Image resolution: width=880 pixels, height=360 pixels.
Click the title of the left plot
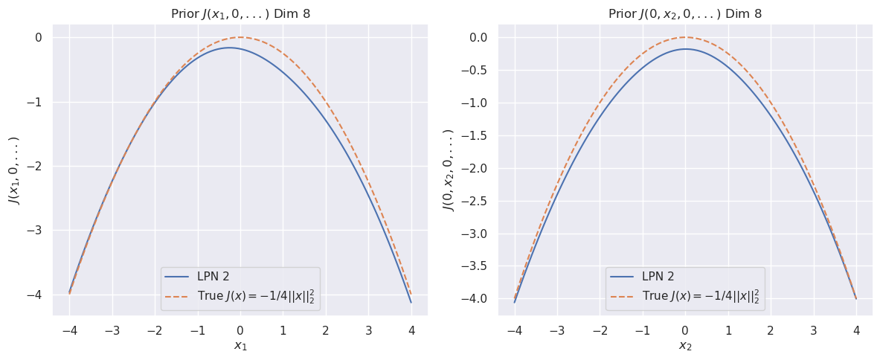point(240,14)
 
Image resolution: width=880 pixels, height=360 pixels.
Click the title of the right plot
point(685,14)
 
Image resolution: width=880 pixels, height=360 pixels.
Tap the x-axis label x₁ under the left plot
point(240,346)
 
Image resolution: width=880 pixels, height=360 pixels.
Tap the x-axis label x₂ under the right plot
point(685,346)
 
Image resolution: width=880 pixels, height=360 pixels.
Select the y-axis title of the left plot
point(14,170)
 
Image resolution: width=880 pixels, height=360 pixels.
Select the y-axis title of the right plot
point(449,170)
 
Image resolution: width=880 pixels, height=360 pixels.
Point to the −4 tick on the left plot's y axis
point(36,295)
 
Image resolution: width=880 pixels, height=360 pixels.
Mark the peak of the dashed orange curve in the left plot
point(240,37)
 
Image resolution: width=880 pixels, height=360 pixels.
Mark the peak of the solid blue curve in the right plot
point(685,49)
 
